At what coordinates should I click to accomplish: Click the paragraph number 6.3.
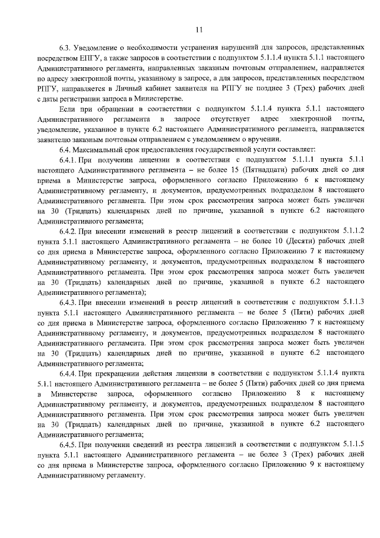[x=65, y=48]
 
